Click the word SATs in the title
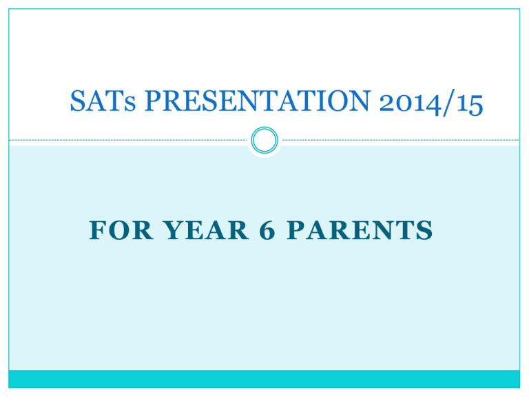[x=103, y=101]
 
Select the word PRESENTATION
[x=258, y=101]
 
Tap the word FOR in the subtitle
[x=121, y=230]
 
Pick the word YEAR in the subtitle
[x=206, y=230]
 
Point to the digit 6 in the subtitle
[x=267, y=230]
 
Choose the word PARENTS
[x=360, y=230]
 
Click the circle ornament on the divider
[x=264, y=140]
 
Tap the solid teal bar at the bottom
[x=264, y=378]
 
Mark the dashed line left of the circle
[x=128, y=140]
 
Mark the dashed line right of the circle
[x=401, y=140]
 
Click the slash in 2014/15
[x=448, y=103]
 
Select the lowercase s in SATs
[x=130, y=104]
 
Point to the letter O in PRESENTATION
[x=338, y=101]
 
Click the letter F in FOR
[x=98, y=230]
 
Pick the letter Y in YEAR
[x=174, y=230]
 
